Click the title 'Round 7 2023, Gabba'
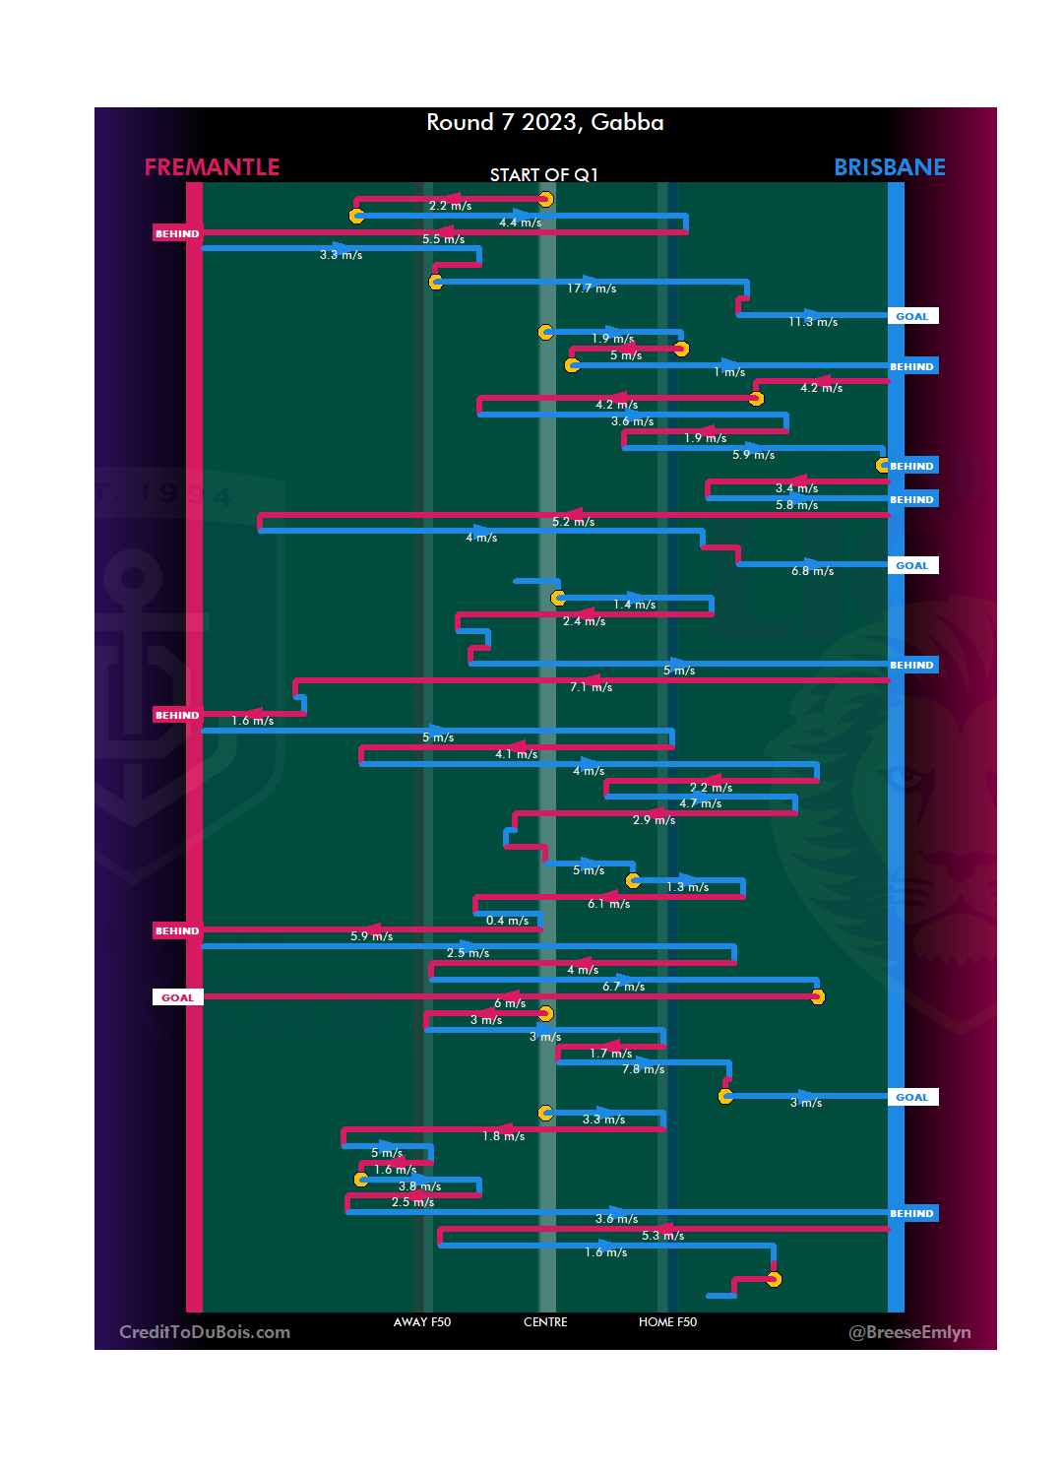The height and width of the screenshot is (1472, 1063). coord(544,122)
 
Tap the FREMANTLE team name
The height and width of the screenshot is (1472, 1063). coord(212,167)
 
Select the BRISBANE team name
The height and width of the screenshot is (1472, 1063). coord(889,167)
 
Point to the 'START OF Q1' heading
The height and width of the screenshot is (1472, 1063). coord(543,175)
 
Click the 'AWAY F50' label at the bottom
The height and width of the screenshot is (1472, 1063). coord(421,1322)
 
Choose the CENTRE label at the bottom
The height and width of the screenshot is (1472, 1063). coord(545,1322)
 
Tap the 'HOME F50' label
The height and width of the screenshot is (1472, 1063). coord(667,1322)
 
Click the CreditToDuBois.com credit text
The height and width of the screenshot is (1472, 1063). coord(205,1332)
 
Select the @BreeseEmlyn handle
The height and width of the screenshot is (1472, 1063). coord(909,1332)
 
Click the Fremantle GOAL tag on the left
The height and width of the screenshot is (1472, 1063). coord(177,997)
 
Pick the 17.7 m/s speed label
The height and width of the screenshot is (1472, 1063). coord(592,288)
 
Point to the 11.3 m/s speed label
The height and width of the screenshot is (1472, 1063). coord(813,322)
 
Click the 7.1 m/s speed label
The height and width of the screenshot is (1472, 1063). coord(591,687)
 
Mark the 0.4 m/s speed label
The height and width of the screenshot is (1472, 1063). coord(507,921)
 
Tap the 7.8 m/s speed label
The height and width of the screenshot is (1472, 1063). coord(643,1069)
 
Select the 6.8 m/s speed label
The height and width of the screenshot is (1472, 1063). coord(812,571)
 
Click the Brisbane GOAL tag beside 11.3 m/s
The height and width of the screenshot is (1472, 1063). coord(912,316)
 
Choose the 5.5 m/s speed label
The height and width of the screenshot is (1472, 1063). coord(443,239)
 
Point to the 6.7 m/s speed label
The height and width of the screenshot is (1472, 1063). coord(623,987)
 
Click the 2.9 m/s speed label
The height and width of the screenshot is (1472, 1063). coord(654,820)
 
